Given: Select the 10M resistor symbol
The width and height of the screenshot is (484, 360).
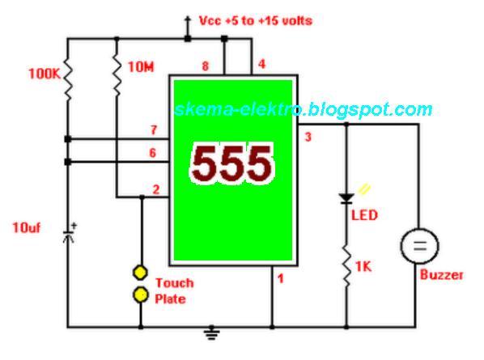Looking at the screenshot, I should pyautogui.click(x=117, y=74).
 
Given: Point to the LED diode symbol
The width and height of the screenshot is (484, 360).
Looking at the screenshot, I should pyautogui.click(x=346, y=197).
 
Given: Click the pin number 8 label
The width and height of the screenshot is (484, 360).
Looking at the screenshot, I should pyautogui.click(x=206, y=67).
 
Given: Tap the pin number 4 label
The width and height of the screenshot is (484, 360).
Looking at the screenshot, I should pyautogui.click(x=261, y=64).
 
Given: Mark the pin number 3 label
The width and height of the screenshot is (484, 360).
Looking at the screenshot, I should pyautogui.click(x=308, y=138).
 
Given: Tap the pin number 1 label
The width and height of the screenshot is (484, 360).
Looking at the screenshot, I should pyautogui.click(x=280, y=280).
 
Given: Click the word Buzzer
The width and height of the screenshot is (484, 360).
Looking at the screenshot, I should pyautogui.click(x=441, y=275).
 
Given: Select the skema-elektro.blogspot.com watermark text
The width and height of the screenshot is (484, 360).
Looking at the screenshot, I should pyautogui.click(x=303, y=110).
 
